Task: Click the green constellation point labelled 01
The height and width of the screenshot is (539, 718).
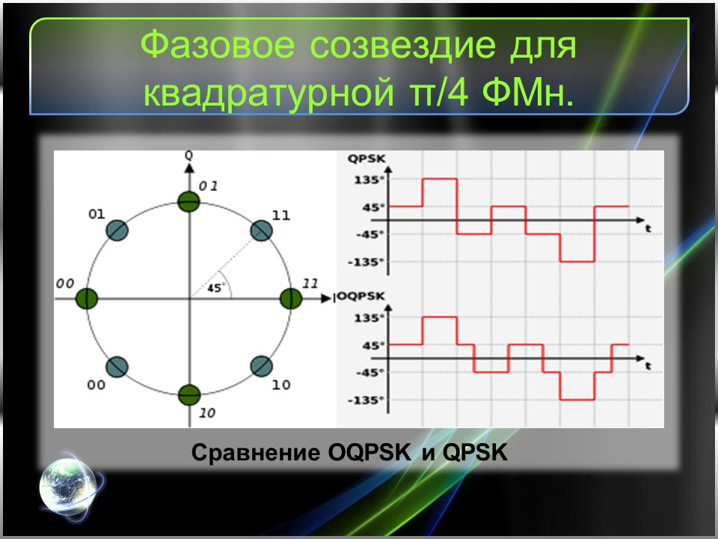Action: pyautogui.click(x=189, y=201)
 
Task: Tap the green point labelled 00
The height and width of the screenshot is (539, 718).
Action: pyautogui.click(x=88, y=298)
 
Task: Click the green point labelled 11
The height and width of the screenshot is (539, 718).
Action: pyautogui.click(x=289, y=298)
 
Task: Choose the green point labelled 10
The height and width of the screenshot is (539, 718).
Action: pyautogui.click(x=189, y=394)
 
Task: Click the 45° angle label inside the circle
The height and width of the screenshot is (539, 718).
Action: pyautogui.click(x=215, y=287)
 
